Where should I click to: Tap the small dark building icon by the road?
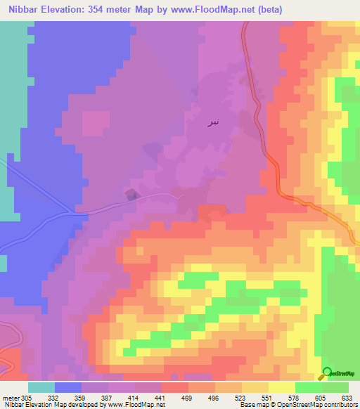(131, 195)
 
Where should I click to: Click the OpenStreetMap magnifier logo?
(327, 373)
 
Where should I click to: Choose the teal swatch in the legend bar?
(41, 387)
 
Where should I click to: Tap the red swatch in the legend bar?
(175, 387)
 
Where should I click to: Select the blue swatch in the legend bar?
(68, 387)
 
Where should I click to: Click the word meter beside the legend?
(10, 397)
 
